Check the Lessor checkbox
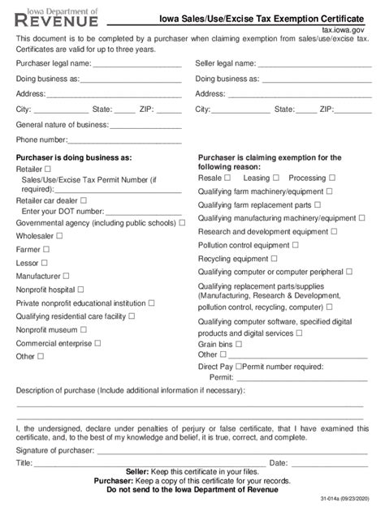[x=45, y=264]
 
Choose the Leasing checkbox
[x=275, y=178]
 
